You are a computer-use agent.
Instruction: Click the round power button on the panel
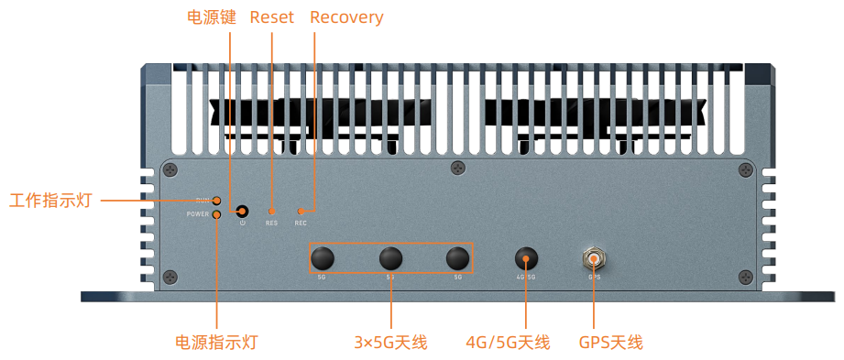click(243, 212)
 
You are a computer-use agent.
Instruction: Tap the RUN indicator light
click(217, 200)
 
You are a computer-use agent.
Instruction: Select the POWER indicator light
click(217, 214)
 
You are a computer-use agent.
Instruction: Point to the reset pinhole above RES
click(271, 211)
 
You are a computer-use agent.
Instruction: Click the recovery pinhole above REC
click(301, 211)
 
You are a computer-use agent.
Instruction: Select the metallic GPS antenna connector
click(594, 259)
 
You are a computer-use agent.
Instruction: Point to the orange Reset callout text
click(271, 17)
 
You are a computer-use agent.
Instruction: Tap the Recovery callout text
click(346, 17)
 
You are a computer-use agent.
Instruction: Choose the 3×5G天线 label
click(390, 343)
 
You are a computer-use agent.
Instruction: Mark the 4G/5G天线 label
click(507, 343)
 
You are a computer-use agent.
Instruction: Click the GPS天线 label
click(610, 343)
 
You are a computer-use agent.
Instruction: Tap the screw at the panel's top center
click(458, 168)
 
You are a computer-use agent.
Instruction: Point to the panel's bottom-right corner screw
click(746, 277)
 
